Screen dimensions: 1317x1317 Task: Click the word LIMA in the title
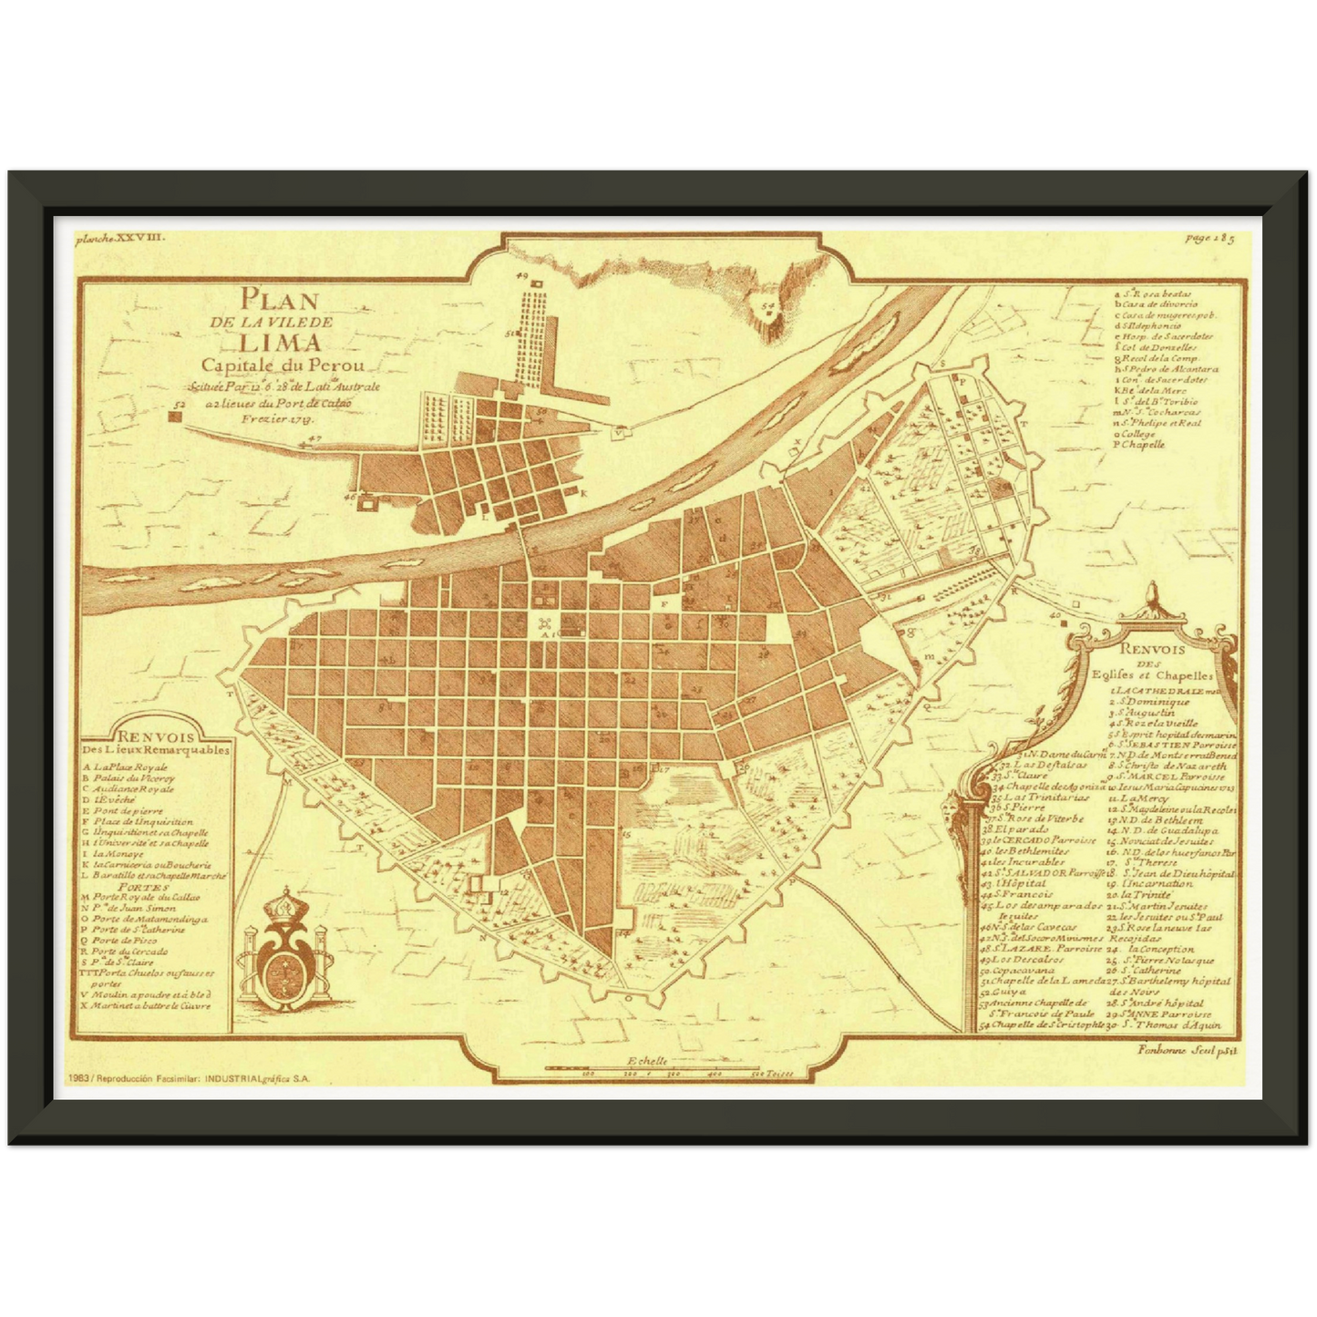coord(281,344)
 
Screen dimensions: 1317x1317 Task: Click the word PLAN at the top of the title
coord(279,300)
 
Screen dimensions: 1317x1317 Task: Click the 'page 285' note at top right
coord(1210,239)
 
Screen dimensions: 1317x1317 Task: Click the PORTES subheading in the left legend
coord(140,885)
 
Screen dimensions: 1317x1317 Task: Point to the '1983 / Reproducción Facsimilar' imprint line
coord(188,1077)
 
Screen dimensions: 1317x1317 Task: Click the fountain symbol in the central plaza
coord(545,623)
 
